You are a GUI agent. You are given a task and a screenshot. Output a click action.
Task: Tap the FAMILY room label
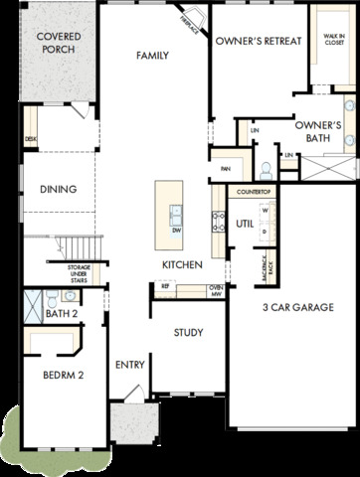(x=153, y=56)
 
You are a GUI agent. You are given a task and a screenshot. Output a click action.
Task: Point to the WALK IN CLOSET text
(x=332, y=41)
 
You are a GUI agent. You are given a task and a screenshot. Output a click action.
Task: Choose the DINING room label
(x=58, y=189)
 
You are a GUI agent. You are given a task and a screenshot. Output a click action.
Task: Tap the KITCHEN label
(x=183, y=264)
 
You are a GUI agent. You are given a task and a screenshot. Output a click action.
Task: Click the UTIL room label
(x=245, y=225)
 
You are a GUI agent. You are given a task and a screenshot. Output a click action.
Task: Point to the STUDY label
(x=188, y=333)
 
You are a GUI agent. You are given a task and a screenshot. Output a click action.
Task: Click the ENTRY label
(x=130, y=365)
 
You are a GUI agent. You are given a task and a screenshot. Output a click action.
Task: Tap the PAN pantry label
(x=225, y=169)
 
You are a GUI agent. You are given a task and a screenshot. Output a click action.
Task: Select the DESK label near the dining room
(x=30, y=140)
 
